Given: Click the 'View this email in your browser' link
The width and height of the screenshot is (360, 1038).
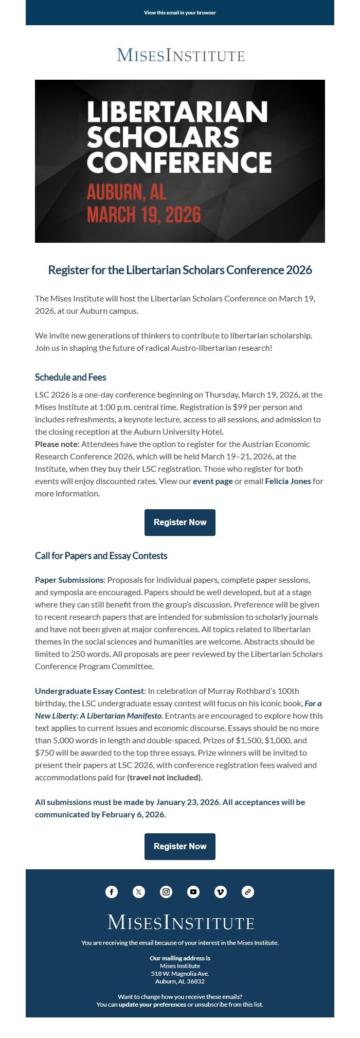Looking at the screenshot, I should [180, 12].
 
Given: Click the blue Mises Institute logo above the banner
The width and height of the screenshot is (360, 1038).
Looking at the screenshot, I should [180, 55].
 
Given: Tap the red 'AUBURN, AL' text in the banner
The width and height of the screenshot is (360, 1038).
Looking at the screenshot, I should [127, 192].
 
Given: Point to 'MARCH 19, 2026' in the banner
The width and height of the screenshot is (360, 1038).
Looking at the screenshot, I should [143, 214].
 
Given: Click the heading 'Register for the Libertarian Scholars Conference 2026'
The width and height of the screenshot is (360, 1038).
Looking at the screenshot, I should [180, 270].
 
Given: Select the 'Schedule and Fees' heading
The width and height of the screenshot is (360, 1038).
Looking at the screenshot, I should [70, 377].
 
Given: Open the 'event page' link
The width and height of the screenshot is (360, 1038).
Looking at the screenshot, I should [212, 481].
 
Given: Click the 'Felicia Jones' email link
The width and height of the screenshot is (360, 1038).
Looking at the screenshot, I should [287, 481].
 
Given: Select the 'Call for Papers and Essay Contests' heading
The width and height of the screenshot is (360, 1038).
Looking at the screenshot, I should [101, 556].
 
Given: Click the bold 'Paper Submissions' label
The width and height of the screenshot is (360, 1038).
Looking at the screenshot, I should [69, 580].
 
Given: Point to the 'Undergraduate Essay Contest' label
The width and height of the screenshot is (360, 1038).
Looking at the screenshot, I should [89, 691].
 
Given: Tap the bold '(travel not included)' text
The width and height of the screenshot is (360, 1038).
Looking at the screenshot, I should [164, 777].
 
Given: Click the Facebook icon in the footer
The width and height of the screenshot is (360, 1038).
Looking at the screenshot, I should [112, 892].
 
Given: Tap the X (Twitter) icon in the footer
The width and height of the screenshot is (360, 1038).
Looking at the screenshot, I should [139, 892].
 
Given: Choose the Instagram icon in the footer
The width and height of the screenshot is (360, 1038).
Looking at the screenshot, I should [166, 892].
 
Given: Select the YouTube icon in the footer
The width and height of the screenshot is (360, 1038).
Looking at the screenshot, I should [193, 892].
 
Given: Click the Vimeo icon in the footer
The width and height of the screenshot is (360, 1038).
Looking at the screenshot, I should [221, 892].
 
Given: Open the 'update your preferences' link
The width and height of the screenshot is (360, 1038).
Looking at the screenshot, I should [152, 1005].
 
